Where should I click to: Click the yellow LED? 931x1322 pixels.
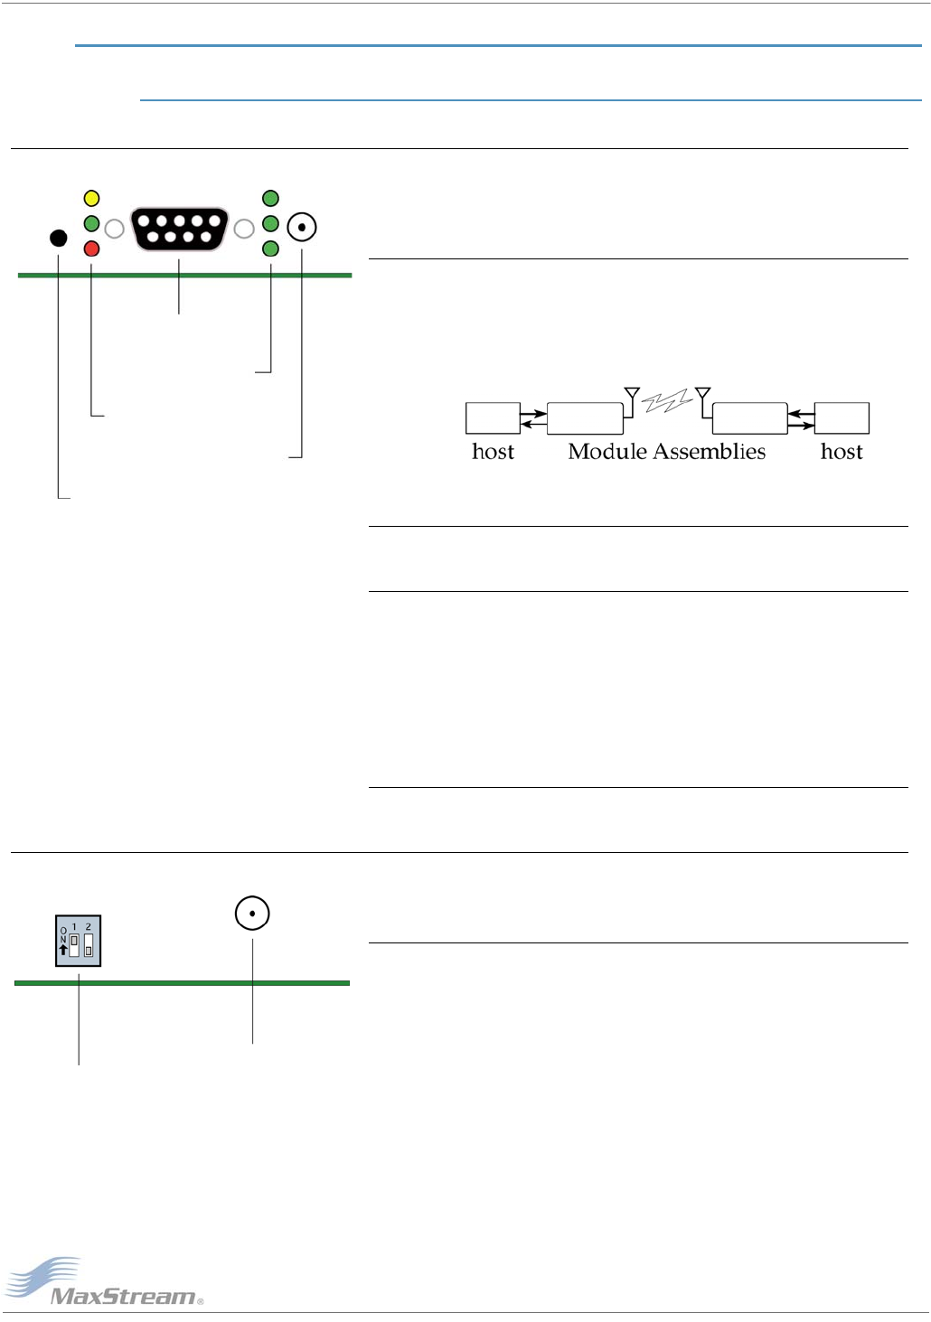91,199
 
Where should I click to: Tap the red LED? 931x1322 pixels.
91,248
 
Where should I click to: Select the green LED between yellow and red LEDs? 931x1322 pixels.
91,223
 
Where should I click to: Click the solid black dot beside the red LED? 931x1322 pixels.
58,239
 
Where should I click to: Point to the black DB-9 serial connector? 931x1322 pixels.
179,229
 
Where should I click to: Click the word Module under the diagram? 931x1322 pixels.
607,452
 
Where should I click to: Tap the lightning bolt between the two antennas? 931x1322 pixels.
667,401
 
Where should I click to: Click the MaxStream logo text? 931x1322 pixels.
124,1297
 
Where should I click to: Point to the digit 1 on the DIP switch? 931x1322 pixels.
74,927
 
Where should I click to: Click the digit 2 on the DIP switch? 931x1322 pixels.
88,927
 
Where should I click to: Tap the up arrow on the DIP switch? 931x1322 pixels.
62,950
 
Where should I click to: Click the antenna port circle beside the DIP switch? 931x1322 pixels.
252,914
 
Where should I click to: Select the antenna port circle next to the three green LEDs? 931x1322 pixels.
302,227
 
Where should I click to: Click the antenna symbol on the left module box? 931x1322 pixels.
632,395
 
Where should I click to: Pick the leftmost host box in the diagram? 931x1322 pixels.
493,418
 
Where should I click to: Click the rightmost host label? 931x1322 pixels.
842,452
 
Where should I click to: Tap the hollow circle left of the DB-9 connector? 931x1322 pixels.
114,230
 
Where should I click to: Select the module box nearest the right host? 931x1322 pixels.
749,418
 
